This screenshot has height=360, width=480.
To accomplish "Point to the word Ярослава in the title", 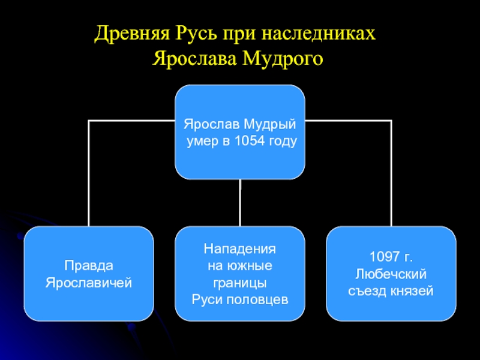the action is point(197,59).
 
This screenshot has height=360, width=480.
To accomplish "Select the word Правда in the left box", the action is point(89,266).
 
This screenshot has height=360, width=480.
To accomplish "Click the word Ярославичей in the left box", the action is point(89,282).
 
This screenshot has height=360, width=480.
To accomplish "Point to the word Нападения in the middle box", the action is point(240,248).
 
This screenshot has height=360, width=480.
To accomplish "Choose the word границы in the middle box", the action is point(240,282).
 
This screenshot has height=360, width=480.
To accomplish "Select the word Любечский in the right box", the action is point(391,274).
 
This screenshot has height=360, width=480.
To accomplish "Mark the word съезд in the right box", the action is point(368,290).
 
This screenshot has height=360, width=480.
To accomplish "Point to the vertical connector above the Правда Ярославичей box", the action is point(89,174).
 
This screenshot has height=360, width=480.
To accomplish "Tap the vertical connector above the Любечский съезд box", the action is point(391,174).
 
